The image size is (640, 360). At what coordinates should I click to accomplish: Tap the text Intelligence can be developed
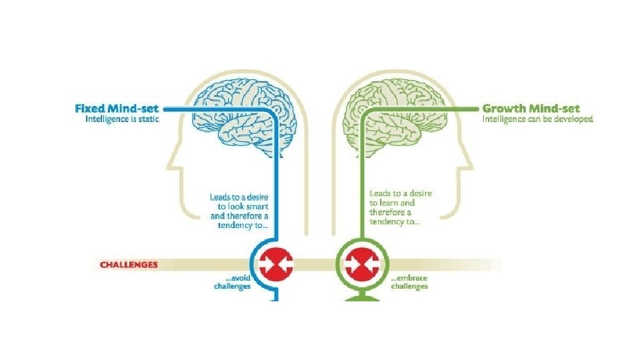tap(537, 120)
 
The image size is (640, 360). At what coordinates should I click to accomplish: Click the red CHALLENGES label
tap(129, 264)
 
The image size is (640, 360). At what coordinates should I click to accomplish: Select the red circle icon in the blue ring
tap(275, 263)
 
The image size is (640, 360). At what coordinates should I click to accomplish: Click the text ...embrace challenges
tap(409, 282)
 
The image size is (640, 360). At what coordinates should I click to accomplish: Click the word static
tap(147, 120)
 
